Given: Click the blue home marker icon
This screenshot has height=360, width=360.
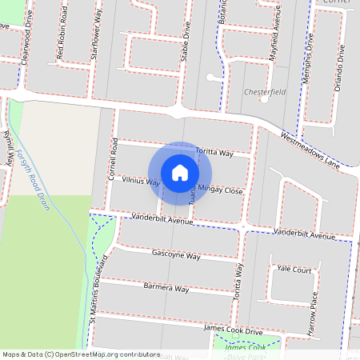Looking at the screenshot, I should click(x=180, y=173).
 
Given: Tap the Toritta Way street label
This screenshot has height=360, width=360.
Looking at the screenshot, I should click(x=214, y=152).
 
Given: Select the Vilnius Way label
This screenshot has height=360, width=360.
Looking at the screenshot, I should click(x=140, y=182).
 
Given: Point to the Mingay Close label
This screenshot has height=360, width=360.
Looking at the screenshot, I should click(x=220, y=190).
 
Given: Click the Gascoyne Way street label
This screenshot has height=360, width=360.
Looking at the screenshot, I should click(x=176, y=255).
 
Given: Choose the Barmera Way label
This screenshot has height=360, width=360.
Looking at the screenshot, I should click(x=166, y=287).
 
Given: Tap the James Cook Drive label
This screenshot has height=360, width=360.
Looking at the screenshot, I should click(x=233, y=330).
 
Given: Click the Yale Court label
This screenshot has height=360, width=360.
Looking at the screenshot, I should click(x=294, y=270).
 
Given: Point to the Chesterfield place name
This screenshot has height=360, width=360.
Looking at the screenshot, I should click(x=264, y=92).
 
